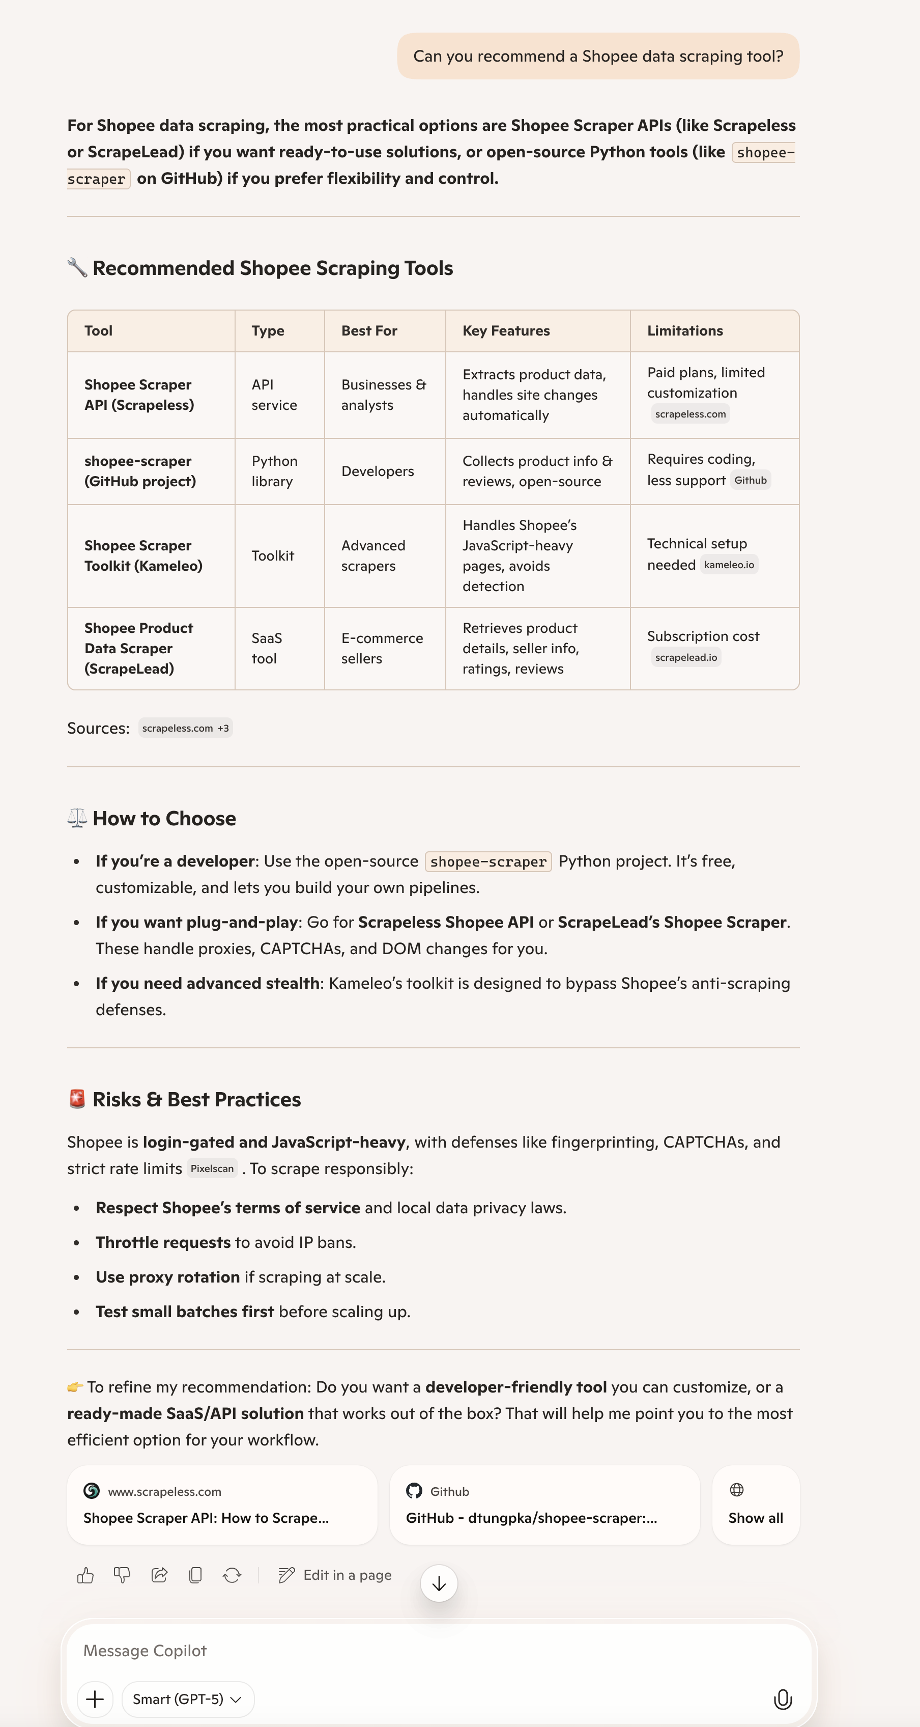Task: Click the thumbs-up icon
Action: tap(85, 1575)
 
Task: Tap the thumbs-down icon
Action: tap(122, 1575)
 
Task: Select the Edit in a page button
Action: tap(335, 1575)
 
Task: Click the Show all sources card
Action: tap(755, 1505)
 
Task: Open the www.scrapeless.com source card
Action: tap(222, 1505)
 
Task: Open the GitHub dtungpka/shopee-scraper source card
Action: tap(544, 1505)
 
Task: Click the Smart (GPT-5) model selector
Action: tap(188, 1700)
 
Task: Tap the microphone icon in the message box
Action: tap(783, 1700)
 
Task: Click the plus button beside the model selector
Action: tap(95, 1700)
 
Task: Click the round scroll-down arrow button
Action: tap(439, 1583)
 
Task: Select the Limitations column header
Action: tap(685, 331)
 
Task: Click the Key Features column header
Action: tap(506, 331)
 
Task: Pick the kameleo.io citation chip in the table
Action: tap(729, 565)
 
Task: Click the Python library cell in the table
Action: tap(275, 471)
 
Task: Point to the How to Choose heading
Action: tap(164, 819)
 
